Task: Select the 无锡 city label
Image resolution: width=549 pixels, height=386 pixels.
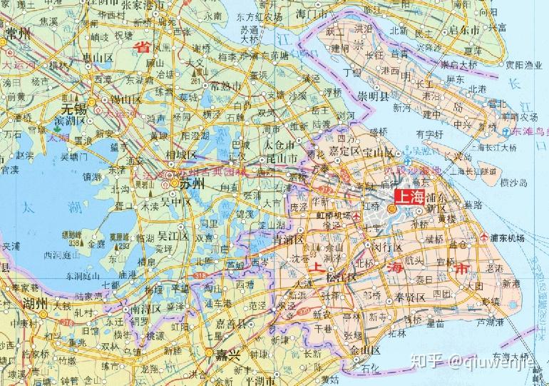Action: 73,109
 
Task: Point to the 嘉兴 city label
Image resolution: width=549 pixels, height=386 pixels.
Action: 229,354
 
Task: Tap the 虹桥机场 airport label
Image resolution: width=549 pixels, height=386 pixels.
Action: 335,215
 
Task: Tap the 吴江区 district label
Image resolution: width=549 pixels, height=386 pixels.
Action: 172,235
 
